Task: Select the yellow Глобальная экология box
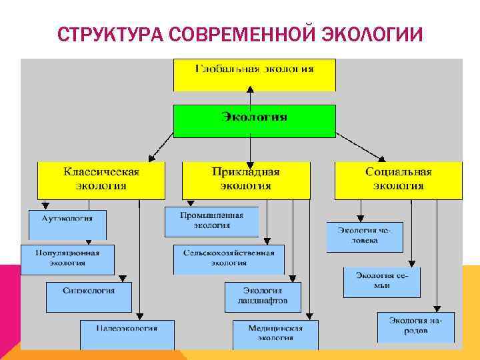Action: pos(254,74)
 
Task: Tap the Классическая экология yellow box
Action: pos(101,179)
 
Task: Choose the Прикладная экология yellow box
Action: pos(246,179)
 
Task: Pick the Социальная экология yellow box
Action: pos(398,179)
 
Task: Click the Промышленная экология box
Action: pos(211,221)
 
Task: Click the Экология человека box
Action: pos(365,236)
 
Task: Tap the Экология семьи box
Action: pos(382,281)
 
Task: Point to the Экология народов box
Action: pos(415,327)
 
